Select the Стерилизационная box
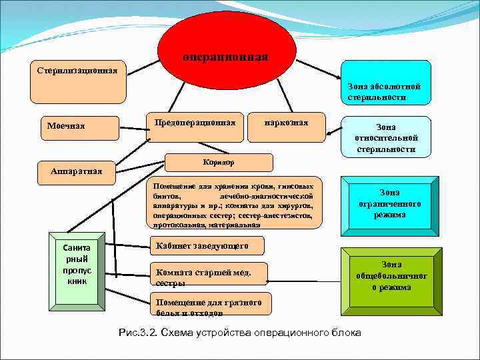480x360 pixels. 78,82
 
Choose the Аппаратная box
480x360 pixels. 77,173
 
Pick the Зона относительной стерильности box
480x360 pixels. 385,137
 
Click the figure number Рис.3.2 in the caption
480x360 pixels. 135,332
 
